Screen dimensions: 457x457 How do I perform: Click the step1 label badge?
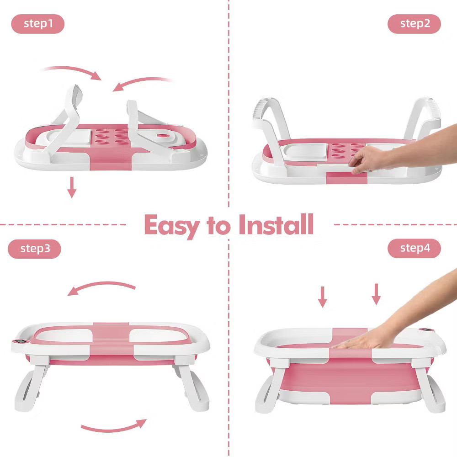37,24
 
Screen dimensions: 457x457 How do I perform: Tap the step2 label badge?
414,24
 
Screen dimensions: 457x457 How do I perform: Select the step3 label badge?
34,249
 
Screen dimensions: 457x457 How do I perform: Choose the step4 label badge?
414,248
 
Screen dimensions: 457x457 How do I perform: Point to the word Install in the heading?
276,224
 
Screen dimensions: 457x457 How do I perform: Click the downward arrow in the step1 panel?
72,187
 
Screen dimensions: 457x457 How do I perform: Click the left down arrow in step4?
322,297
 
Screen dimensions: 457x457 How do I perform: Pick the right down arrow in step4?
376,294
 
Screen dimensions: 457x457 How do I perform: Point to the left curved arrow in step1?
73,70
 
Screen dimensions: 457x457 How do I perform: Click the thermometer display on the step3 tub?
21,341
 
